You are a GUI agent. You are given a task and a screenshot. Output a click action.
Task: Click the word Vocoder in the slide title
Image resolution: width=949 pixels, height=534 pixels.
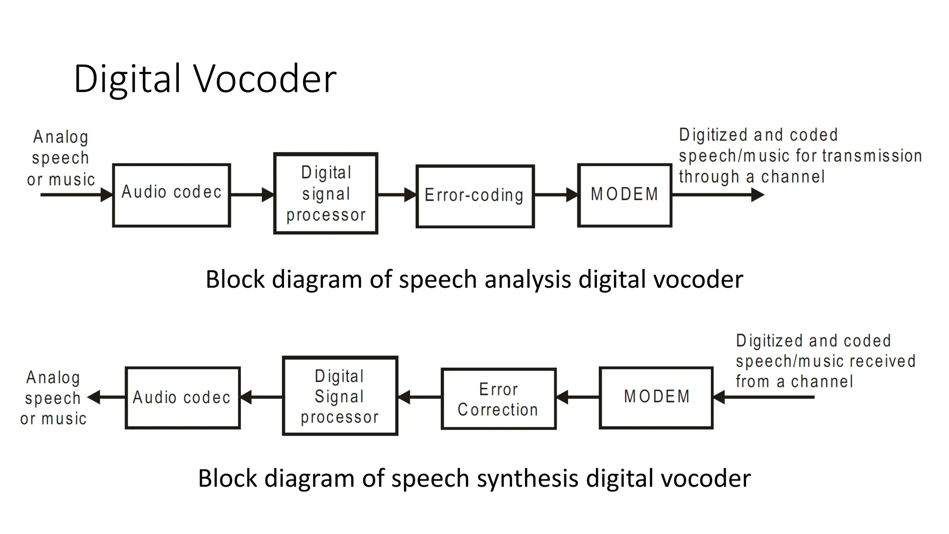265,79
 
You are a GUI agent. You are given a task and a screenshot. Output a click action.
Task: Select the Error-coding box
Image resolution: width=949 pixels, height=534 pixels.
475,196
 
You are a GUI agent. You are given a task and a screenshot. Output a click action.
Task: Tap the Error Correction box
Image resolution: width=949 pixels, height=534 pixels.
499,399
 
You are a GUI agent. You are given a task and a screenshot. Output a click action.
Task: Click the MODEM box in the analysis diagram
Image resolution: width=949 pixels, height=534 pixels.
625,195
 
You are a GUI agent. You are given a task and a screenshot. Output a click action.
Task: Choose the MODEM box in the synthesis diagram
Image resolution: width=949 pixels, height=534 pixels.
656,397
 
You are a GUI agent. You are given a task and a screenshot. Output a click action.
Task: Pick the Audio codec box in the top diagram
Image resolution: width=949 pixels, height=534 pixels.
171,195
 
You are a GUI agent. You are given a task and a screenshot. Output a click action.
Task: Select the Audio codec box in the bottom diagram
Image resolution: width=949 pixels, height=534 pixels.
183,398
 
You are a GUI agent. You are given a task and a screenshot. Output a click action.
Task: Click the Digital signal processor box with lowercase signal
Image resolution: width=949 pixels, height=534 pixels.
326,193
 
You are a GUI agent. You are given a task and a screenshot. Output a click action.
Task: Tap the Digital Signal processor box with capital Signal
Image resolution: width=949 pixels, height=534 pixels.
340,396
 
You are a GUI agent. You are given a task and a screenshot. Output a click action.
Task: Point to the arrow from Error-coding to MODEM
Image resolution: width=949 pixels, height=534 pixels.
556,195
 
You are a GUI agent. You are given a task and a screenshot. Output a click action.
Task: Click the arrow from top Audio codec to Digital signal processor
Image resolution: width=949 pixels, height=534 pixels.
252,195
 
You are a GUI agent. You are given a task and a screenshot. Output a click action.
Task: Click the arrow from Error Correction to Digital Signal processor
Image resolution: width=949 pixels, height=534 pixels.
420,397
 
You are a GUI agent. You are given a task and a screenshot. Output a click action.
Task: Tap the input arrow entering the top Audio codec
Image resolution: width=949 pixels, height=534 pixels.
76,195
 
